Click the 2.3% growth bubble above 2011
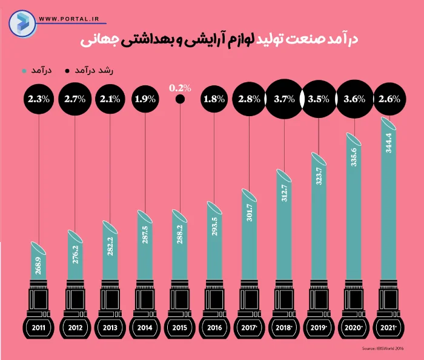click(38, 98)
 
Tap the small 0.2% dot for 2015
click(179, 101)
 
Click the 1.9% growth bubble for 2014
click(144, 98)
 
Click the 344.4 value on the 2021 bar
click(388, 158)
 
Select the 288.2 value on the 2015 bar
click(179, 239)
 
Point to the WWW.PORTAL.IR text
click(69, 19)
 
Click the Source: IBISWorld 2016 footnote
click(383, 349)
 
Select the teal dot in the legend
click(23, 70)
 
